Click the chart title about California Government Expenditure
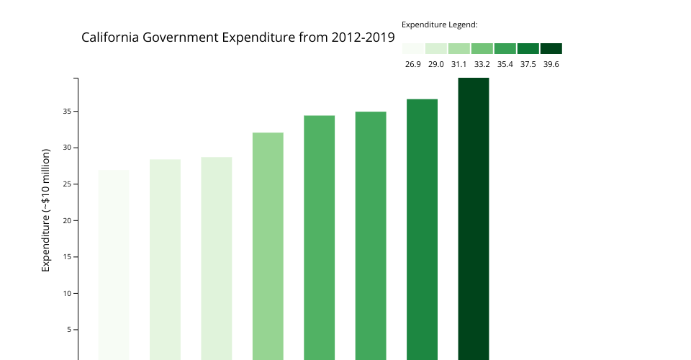pyautogui.click(x=238, y=37)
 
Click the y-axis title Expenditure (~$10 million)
pyautogui.click(x=46, y=210)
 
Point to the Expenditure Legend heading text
pyautogui.click(x=440, y=24)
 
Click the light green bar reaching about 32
pyautogui.click(x=268, y=246)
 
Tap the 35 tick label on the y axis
pyautogui.click(x=66, y=112)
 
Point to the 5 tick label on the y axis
pyautogui.click(x=68, y=330)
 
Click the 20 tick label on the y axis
pyautogui.click(x=66, y=220)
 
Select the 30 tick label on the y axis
pyautogui.click(x=66, y=148)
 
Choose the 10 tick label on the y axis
pyautogui.click(x=66, y=293)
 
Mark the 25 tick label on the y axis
pyautogui.click(x=66, y=184)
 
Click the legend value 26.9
pyautogui.click(x=413, y=64)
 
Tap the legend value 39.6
pyautogui.click(x=551, y=64)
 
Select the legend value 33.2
pyautogui.click(x=482, y=64)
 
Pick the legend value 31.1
pyautogui.click(x=459, y=64)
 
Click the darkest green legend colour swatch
pyautogui.click(x=551, y=48)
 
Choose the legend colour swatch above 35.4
pyautogui.click(x=505, y=48)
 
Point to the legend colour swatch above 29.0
pyautogui.click(x=436, y=48)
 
